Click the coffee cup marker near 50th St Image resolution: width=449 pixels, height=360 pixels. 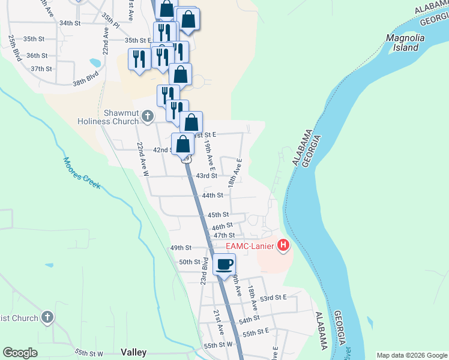(224, 264)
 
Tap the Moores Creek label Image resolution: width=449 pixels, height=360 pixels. (82, 173)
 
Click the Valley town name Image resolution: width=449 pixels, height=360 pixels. (133, 352)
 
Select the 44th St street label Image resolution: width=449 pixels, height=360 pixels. (212, 195)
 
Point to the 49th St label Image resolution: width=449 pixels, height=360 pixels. (180, 247)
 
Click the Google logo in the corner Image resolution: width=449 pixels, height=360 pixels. (20, 353)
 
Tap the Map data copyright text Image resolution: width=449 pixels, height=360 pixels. (411, 355)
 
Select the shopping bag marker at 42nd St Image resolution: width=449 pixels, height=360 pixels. (183, 145)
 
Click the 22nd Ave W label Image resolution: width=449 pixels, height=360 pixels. (142, 158)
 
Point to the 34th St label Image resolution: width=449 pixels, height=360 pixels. (70, 23)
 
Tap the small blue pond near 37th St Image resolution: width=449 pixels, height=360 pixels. (95, 62)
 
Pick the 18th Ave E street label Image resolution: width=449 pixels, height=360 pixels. (235, 172)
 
